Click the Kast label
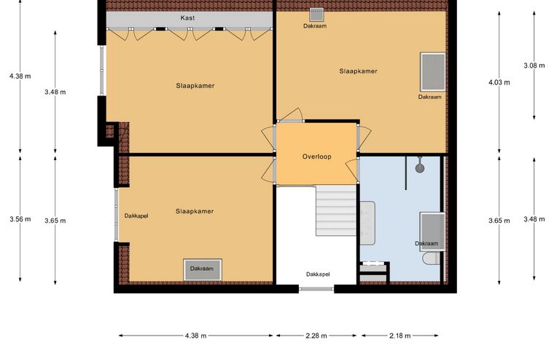click(x=187, y=17)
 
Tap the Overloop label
click(x=316, y=157)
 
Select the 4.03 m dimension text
click(x=499, y=82)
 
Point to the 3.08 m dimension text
click(x=534, y=66)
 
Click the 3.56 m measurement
click(x=20, y=219)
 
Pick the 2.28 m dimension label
click(x=316, y=336)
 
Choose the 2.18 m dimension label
click(x=400, y=336)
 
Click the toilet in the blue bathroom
click(x=431, y=258)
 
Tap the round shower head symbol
click(x=420, y=168)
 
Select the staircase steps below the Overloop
click(x=335, y=210)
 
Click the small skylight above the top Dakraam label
click(x=316, y=15)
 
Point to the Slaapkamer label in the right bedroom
click(x=358, y=71)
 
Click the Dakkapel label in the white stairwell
click(x=318, y=274)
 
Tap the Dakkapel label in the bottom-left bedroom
click(x=136, y=216)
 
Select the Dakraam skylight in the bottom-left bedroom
click(x=203, y=270)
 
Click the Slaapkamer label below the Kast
click(x=195, y=85)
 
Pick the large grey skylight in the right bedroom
click(x=433, y=72)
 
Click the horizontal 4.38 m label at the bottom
click(x=195, y=336)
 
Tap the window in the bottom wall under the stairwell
click(x=316, y=289)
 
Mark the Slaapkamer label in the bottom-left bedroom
click(x=195, y=211)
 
